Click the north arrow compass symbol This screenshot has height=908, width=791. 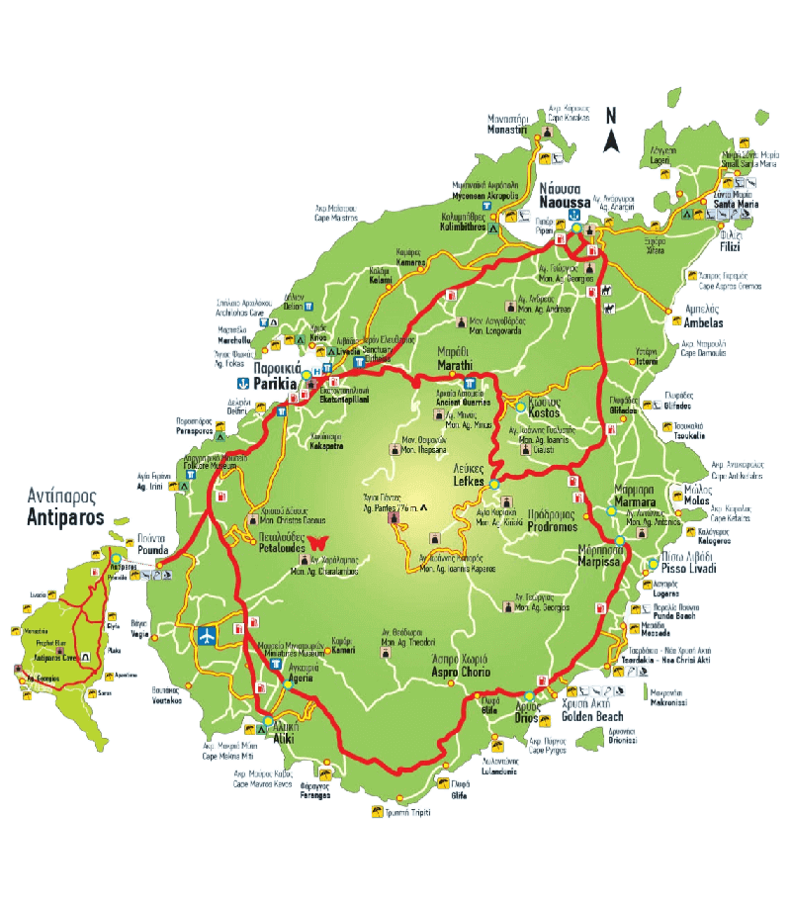click(612, 129)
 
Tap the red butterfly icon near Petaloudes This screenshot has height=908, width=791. click(318, 542)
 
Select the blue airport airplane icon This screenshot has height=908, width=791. click(208, 634)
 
